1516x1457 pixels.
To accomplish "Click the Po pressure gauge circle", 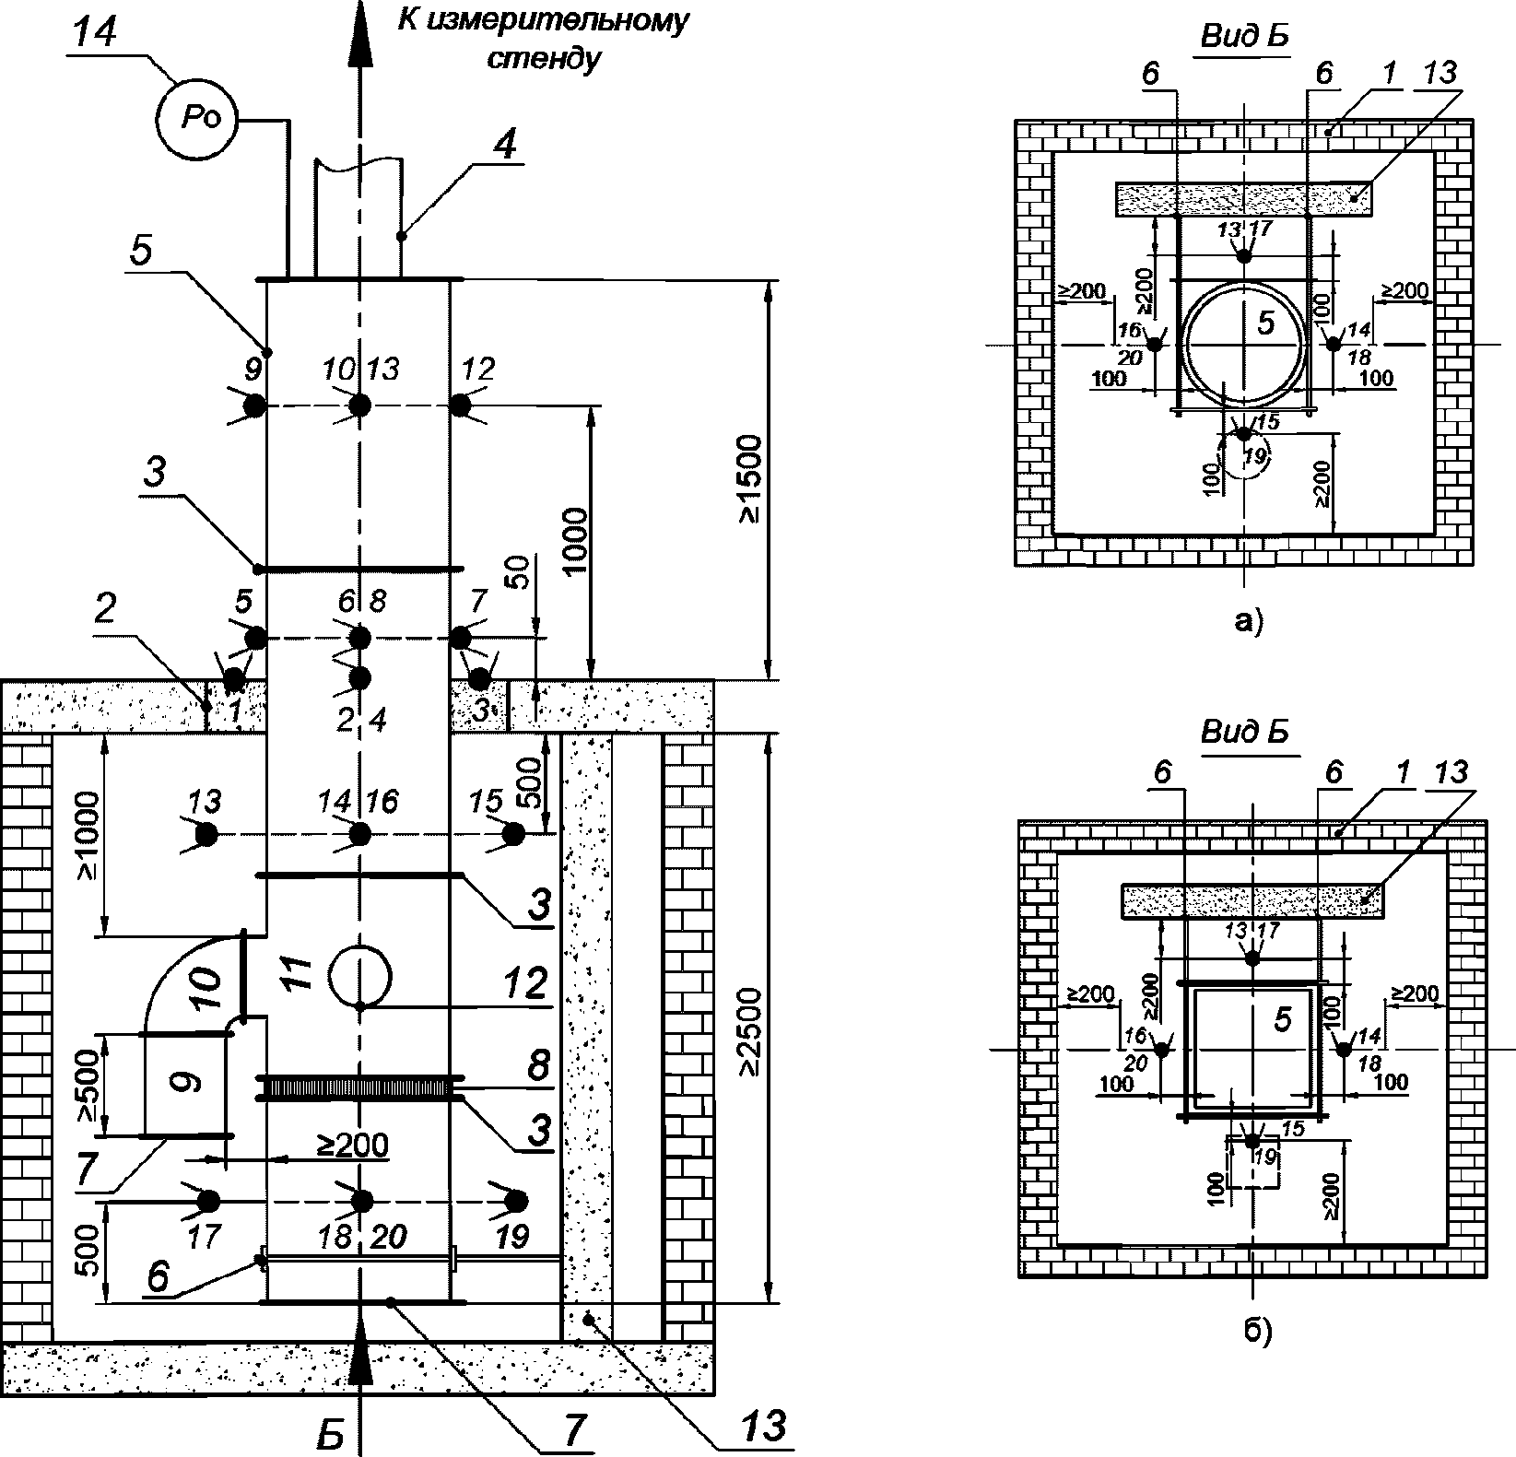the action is [x=196, y=119].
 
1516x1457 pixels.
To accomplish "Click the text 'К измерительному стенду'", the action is [x=543, y=39].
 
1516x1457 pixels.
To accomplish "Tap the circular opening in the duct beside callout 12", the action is [x=360, y=976].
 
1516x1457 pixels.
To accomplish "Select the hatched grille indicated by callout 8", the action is [x=359, y=1087].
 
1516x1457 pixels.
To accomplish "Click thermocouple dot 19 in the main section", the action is [x=516, y=1201].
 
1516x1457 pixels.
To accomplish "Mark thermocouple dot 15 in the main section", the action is [x=514, y=834].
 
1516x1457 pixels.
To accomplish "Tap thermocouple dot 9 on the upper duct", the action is [x=255, y=405].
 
